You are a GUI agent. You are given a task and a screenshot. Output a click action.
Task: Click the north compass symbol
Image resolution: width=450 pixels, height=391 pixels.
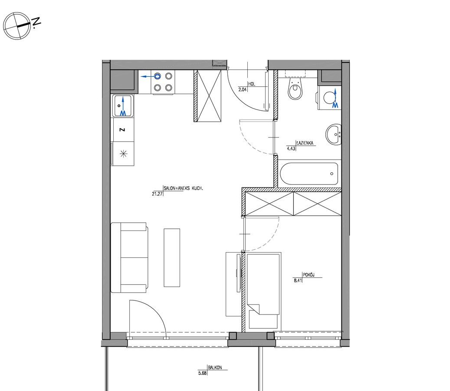tap(17, 26)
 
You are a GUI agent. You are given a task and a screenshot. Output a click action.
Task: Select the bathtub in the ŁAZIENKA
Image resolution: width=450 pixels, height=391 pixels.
tap(309, 174)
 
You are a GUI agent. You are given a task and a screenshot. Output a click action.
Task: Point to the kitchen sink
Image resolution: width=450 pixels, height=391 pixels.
tap(123, 106)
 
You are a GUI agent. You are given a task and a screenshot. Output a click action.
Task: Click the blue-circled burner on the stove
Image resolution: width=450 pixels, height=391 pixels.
tap(157, 76)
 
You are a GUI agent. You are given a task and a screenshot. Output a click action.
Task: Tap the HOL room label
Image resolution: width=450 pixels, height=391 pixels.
tap(252, 84)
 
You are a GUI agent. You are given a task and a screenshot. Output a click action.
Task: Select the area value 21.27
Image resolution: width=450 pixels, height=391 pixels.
tap(157, 194)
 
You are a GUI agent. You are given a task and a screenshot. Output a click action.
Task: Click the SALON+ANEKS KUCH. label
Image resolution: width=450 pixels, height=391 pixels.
tap(184, 188)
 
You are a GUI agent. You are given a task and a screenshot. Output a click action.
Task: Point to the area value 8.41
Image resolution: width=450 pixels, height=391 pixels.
tap(298, 281)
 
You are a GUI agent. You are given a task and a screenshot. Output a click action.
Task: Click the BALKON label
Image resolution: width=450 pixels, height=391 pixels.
tap(215, 368)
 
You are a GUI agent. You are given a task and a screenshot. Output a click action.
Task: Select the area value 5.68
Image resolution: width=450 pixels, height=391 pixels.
tap(202, 374)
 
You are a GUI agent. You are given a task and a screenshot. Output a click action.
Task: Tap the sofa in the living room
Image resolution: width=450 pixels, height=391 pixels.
tap(129, 257)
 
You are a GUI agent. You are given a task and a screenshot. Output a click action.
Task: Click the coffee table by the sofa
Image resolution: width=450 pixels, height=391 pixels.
tap(172, 257)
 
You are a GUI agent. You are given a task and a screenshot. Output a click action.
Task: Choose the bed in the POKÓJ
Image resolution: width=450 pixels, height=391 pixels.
tap(263, 290)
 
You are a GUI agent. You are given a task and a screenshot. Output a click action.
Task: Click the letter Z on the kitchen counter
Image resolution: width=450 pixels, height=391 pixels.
tap(122, 130)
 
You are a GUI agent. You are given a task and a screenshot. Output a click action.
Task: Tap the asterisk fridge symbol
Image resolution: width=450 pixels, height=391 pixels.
tap(123, 154)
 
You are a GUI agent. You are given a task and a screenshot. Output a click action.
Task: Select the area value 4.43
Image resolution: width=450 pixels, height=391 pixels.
tap(291, 148)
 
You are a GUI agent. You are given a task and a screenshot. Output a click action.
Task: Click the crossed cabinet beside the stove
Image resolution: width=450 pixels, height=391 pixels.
tap(208, 96)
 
